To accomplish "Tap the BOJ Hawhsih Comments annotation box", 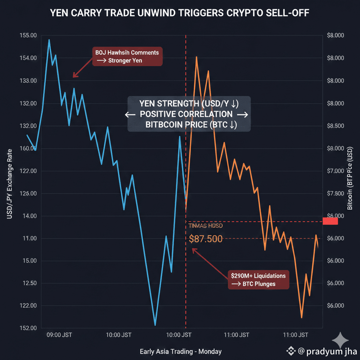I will pyautogui.click(x=127, y=57).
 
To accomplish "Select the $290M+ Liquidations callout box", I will pyautogui.click(x=258, y=279).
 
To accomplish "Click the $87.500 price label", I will pyautogui.click(x=206, y=239).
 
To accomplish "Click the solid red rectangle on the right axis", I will pyautogui.click(x=330, y=221).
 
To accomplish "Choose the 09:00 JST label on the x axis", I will pyautogui.click(x=59, y=335).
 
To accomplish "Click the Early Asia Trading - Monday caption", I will pyautogui.click(x=180, y=351).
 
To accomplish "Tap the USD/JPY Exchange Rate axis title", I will pyautogui.click(x=9, y=183).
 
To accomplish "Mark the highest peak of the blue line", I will pyautogui.click(x=49, y=40).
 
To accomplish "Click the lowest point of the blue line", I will pyautogui.click(x=155, y=325).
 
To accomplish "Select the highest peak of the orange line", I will pyautogui.click(x=197, y=57).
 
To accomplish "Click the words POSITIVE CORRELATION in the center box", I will pyautogui.click(x=186, y=114).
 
